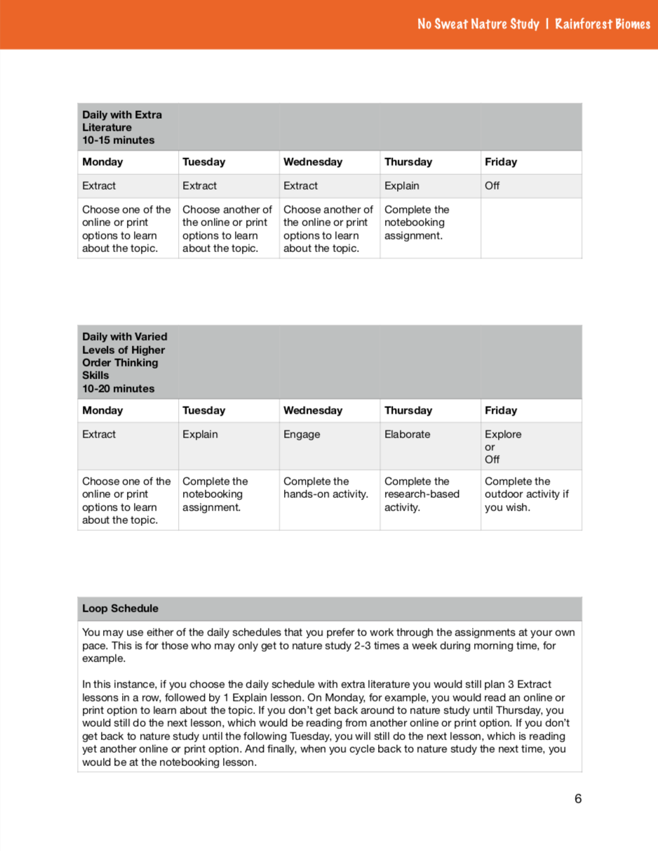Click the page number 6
[x=578, y=798]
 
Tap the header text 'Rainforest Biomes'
[x=603, y=24]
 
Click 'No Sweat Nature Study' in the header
[x=478, y=24]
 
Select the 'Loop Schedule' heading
[x=120, y=608]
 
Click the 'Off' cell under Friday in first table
[x=492, y=186]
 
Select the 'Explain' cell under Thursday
[x=402, y=186]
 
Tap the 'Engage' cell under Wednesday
[x=302, y=434]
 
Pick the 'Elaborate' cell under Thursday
[x=407, y=434]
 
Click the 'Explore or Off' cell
[x=503, y=447]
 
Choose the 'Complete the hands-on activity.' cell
[x=325, y=488]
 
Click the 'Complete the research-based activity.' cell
[x=422, y=494]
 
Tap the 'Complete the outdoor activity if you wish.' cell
[x=526, y=494]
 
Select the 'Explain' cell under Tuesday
[x=200, y=434]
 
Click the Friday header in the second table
[x=500, y=410]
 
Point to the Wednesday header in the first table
[x=313, y=162]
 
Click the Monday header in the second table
[x=102, y=410]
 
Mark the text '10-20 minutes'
[x=118, y=388]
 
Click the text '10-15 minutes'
[x=118, y=140]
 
